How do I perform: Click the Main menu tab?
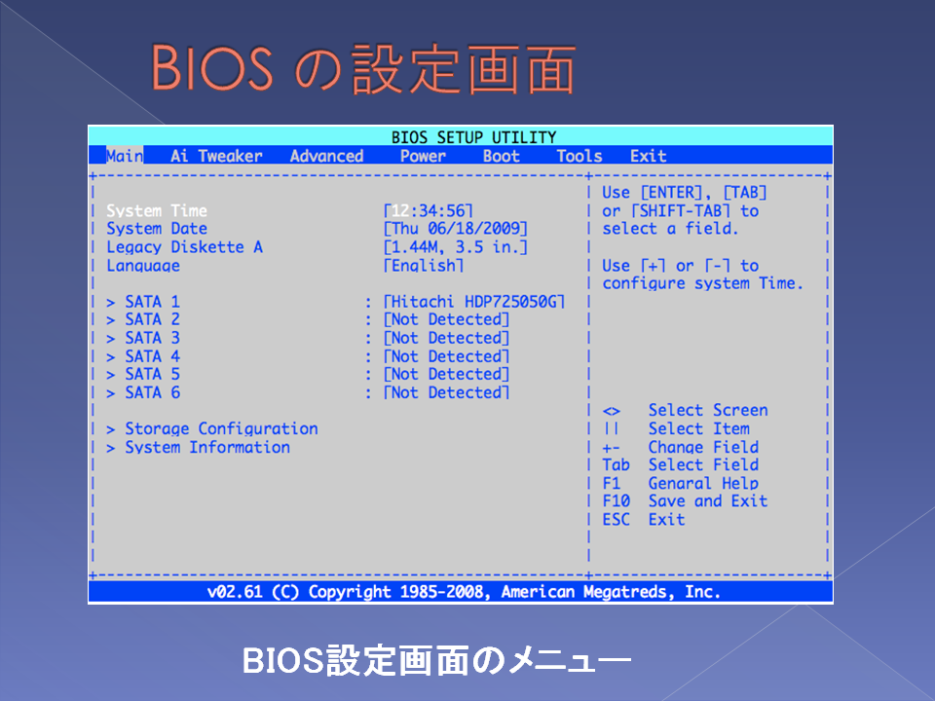pyautogui.click(x=125, y=156)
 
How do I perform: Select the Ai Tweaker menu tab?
pyautogui.click(x=216, y=156)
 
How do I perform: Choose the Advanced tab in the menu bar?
pyautogui.click(x=327, y=156)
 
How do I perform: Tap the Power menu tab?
pyautogui.click(x=423, y=156)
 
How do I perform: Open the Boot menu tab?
pyautogui.click(x=502, y=156)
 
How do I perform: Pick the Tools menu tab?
pyautogui.click(x=579, y=156)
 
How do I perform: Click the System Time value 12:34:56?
pyautogui.click(x=429, y=210)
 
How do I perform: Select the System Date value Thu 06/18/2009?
pyautogui.click(x=456, y=228)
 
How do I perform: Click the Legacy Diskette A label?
pyautogui.click(x=184, y=246)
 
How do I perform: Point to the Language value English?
pyautogui.click(x=424, y=265)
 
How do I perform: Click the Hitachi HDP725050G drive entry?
pyautogui.click(x=474, y=302)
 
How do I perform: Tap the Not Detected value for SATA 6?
pyautogui.click(x=446, y=392)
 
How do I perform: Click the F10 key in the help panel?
pyautogui.click(x=616, y=500)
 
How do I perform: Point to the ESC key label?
pyautogui.click(x=616, y=519)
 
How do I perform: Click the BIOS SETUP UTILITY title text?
pyautogui.click(x=473, y=137)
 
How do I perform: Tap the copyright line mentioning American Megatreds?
pyautogui.click(x=464, y=591)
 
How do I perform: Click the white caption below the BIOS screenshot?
pyautogui.click(x=436, y=660)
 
